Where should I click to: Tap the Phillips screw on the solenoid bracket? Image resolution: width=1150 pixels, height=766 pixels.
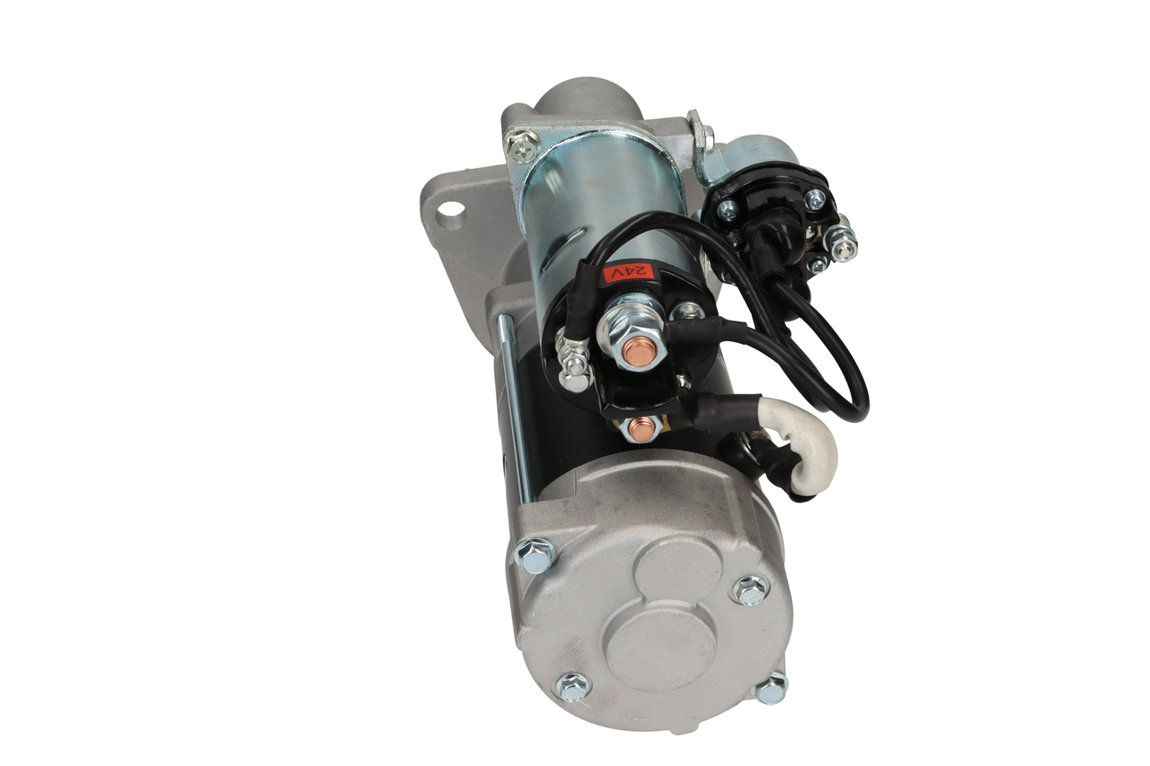pos(522,143)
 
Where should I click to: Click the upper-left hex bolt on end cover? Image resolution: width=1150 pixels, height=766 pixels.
pos(534,554)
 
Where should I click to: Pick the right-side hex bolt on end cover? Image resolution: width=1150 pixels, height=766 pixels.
pos(750,590)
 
